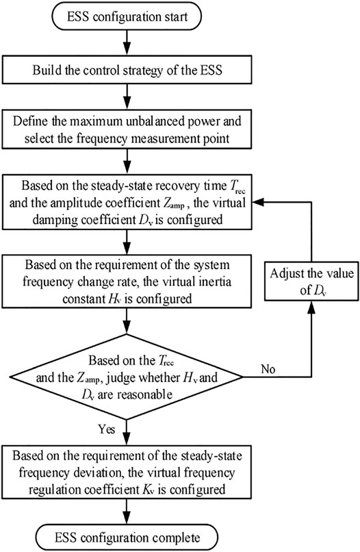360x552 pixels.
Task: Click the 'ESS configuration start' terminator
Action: [127, 16]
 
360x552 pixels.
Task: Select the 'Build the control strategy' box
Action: [127, 69]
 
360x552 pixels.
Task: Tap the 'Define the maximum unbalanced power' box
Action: [127, 129]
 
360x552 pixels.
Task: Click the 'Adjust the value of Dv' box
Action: [311, 281]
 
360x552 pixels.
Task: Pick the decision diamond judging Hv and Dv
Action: [127, 377]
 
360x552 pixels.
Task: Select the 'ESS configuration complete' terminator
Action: [127, 538]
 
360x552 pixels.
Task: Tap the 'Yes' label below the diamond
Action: [106, 429]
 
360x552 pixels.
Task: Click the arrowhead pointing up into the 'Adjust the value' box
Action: [311, 306]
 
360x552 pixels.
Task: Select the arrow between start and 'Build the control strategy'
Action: [127, 43]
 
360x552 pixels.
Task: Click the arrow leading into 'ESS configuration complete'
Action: [127, 511]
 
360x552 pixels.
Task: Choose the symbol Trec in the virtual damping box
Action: [237, 186]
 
